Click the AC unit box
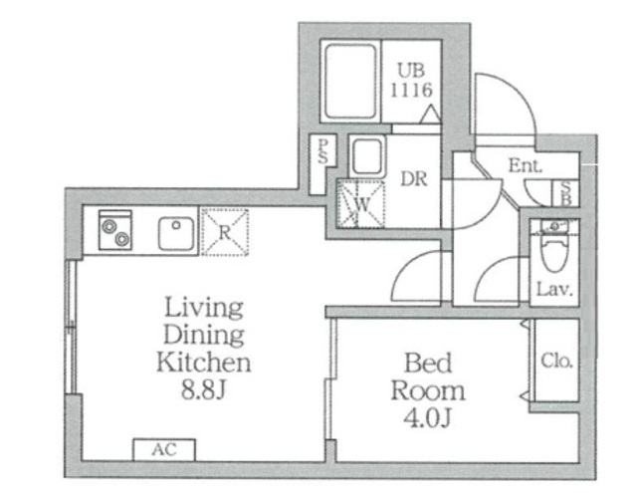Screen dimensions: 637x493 (164, 449)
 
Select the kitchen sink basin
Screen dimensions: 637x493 (176, 234)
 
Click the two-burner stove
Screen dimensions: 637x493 (115, 230)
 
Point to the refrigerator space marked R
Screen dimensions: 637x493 (225, 232)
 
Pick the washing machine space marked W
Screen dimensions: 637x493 (360, 203)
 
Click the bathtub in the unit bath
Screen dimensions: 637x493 (350, 82)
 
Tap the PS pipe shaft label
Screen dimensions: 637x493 (322, 151)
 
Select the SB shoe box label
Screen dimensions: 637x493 (565, 193)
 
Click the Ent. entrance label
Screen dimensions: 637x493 (526, 165)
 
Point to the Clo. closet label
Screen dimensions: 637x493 (556, 361)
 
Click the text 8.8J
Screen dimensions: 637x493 (203, 389)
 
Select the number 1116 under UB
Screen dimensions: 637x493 (411, 91)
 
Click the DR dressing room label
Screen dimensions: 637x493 (414, 179)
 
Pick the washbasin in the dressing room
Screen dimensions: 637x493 (367, 156)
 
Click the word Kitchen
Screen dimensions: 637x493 (203, 363)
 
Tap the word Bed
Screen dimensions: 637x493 (428, 363)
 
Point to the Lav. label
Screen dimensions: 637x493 (554, 289)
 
